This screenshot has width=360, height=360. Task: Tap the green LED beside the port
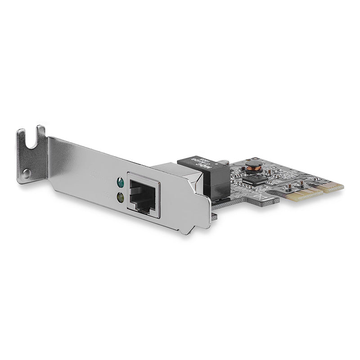point(120,182)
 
